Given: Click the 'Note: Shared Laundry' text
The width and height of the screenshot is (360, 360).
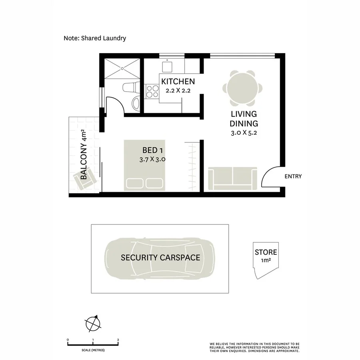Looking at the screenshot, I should click(x=95, y=38).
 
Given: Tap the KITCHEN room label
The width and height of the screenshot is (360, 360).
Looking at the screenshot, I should click(x=178, y=82).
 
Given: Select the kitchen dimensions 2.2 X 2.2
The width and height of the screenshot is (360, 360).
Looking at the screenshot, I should click(x=178, y=90).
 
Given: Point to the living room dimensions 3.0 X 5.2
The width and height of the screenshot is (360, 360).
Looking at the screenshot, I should click(x=244, y=133).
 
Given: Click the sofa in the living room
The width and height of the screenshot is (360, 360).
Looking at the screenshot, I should click(x=232, y=179).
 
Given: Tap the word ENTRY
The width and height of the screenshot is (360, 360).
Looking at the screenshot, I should click(x=293, y=176).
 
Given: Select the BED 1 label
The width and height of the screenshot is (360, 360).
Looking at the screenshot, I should click(x=152, y=150).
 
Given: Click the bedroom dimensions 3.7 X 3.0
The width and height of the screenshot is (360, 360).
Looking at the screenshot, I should click(x=152, y=159).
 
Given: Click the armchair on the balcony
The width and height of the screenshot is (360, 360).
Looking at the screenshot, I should click(x=85, y=179).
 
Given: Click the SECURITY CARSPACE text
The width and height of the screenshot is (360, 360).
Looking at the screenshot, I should click(x=160, y=258).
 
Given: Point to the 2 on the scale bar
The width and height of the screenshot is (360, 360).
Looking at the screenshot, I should click(x=118, y=340).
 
